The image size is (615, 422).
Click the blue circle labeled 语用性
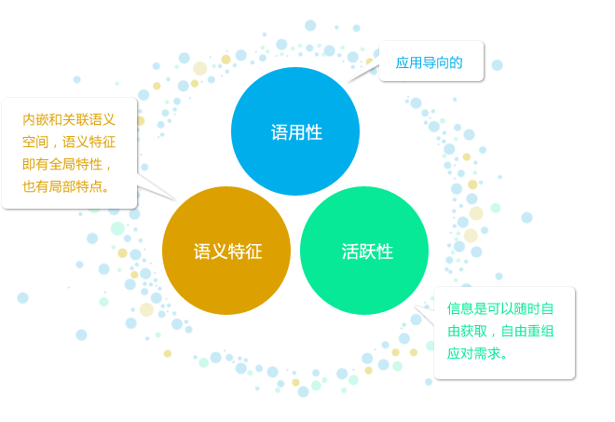coord(295,131)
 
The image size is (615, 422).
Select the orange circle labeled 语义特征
coord(226,251)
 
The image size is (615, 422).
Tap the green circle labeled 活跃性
coord(364,251)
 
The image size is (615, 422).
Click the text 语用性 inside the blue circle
coord(296,132)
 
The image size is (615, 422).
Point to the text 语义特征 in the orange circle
coord(228,252)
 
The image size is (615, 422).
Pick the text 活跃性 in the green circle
coord(367,252)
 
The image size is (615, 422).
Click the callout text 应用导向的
coord(429,62)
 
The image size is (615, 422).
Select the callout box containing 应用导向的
coord(431,61)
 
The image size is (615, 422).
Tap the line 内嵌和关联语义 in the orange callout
coord(69,119)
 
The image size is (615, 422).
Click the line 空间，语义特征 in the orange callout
coord(69,142)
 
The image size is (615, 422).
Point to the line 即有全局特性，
coord(67,164)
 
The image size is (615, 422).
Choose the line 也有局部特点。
coord(66,186)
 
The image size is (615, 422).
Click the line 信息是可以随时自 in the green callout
coord(500,308)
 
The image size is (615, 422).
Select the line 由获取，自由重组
coord(500,331)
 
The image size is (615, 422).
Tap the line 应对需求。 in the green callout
coord(477,353)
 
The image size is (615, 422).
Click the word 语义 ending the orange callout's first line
coord(102,119)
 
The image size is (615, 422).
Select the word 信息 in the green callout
coord(460,308)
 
